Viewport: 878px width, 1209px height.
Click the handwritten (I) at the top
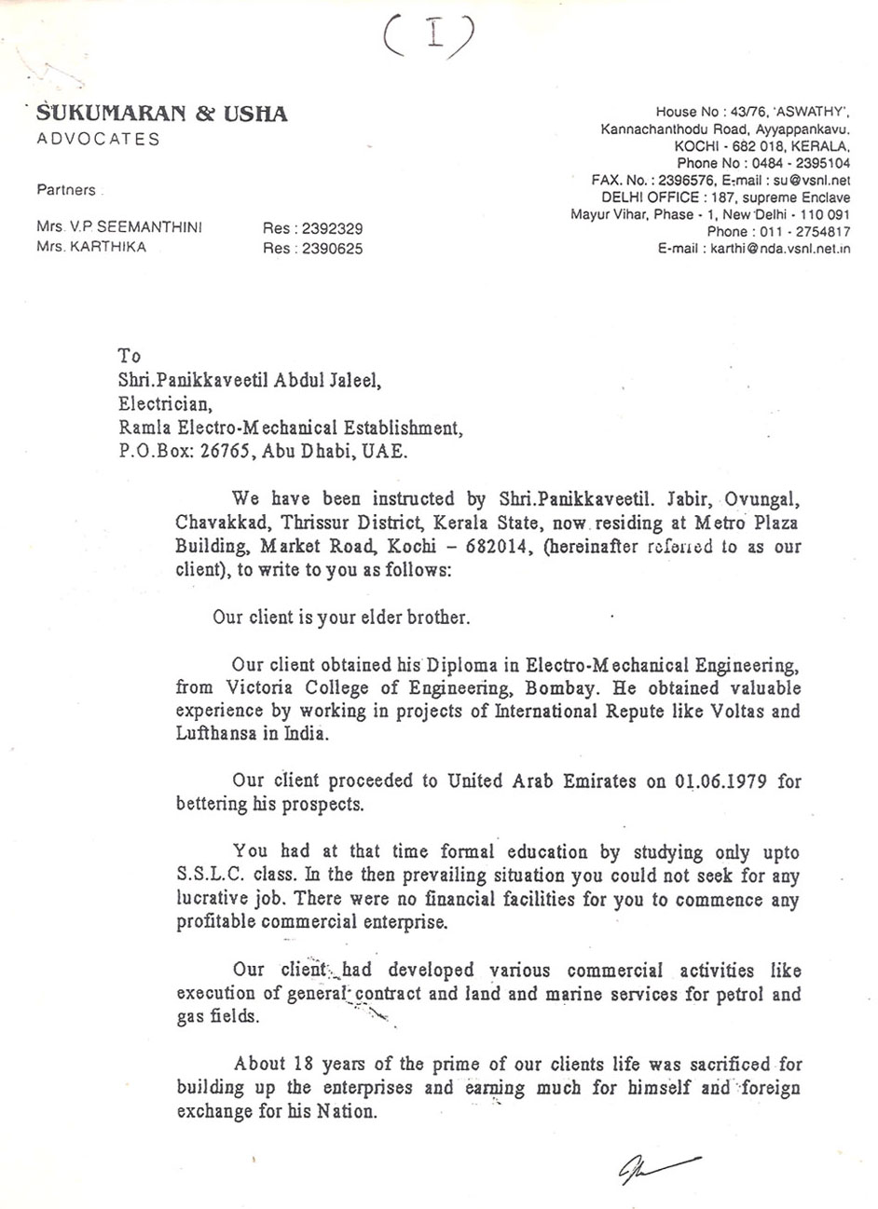(x=430, y=40)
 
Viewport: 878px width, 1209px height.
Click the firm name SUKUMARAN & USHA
(x=162, y=115)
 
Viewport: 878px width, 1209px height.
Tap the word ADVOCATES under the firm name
(x=98, y=140)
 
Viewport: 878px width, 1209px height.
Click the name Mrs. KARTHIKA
(x=91, y=248)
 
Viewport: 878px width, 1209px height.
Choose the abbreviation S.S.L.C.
(x=207, y=876)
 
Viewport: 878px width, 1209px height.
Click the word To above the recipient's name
(x=130, y=356)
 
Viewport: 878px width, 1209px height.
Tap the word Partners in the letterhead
(x=66, y=190)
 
